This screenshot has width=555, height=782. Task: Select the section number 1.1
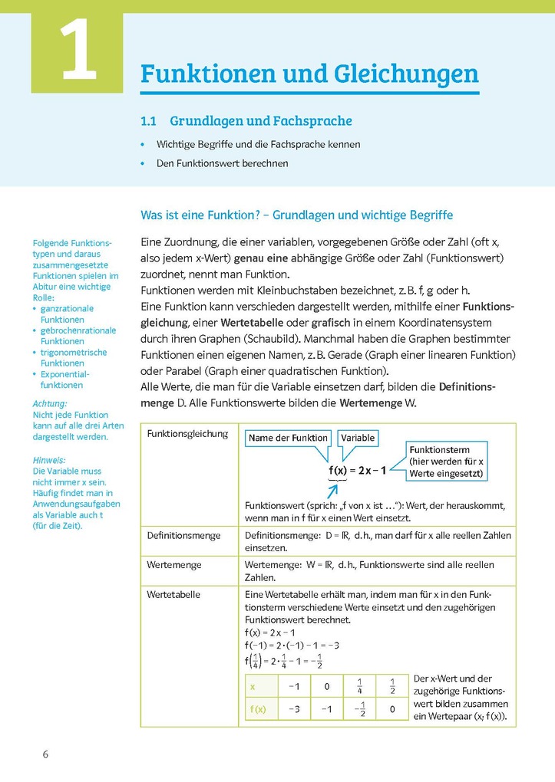click(148, 121)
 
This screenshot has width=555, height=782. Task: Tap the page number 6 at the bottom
click(45, 754)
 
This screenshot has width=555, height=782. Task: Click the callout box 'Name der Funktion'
click(288, 438)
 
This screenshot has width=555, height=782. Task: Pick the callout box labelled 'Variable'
click(358, 438)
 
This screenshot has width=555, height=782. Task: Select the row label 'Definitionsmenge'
click(184, 535)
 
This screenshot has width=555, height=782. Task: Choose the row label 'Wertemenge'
click(174, 564)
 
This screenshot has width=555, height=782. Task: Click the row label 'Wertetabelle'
click(173, 594)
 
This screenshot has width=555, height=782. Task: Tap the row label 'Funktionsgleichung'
click(187, 434)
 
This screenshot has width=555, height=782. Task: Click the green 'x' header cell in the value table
click(253, 687)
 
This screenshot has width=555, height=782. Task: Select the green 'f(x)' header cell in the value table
click(258, 710)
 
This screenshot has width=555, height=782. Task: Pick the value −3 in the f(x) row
click(293, 710)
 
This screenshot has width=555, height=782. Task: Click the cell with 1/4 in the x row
click(359, 687)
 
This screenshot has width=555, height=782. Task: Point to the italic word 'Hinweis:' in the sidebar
click(49, 460)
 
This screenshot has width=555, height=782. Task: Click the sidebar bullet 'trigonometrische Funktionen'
click(74, 358)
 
